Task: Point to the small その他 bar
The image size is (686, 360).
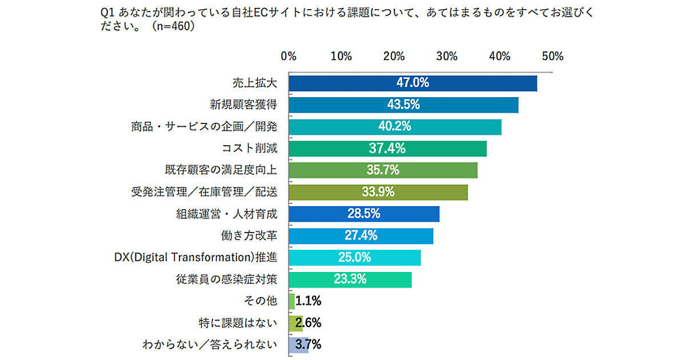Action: (x=292, y=301)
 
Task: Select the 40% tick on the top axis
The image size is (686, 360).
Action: (x=500, y=57)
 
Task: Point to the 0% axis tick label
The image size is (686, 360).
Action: (x=289, y=57)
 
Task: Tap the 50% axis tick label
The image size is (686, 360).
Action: (x=553, y=57)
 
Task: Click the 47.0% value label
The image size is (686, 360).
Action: (x=413, y=83)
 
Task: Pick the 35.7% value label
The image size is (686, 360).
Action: (x=383, y=170)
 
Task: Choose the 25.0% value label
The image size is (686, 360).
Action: (x=354, y=257)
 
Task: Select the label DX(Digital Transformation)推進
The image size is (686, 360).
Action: (x=193, y=257)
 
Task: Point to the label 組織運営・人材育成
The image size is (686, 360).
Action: (x=226, y=214)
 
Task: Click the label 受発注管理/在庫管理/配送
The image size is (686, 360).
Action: (x=205, y=192)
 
